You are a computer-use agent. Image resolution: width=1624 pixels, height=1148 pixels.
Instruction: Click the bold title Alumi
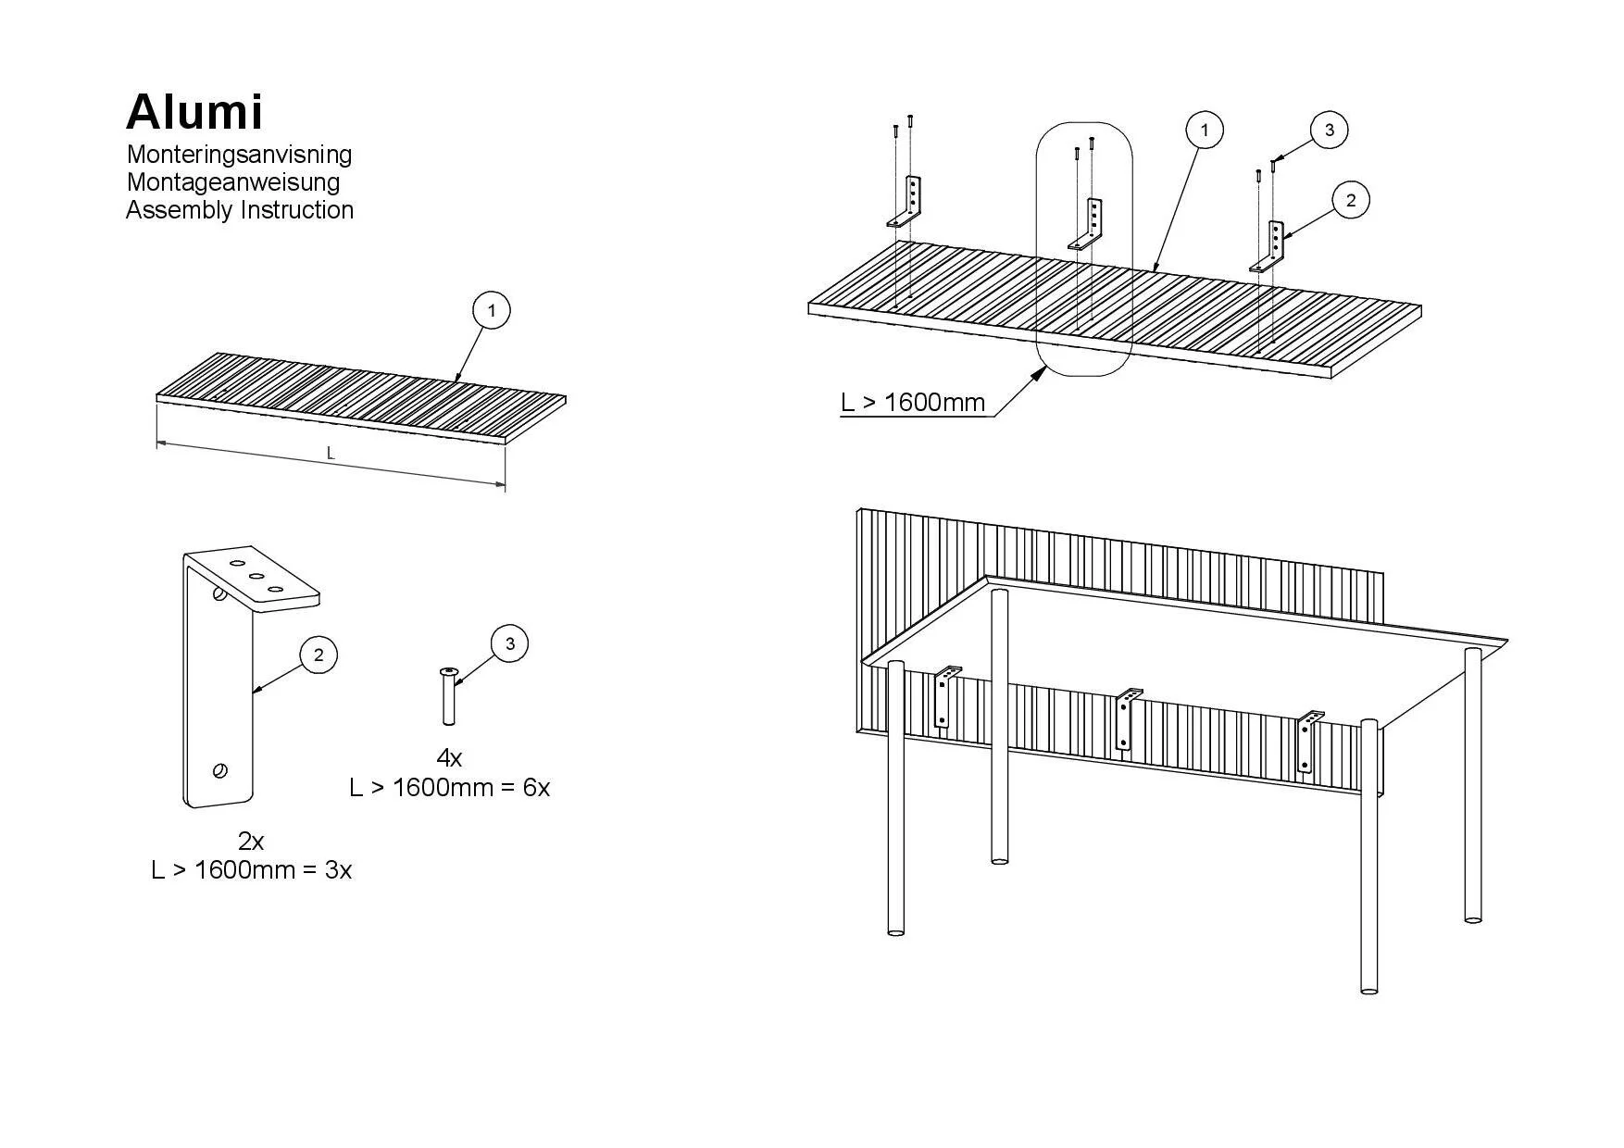pyautogui.click(x=194, y=112)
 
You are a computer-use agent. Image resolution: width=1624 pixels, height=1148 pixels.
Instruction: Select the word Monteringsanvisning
pyautogui.click(x=239, y=154)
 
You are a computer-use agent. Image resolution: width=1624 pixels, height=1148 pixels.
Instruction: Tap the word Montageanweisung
pyautogui.click(x=232, y=181)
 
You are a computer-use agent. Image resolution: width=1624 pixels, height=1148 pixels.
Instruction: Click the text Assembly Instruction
pyautogui.click(x=239, y=210)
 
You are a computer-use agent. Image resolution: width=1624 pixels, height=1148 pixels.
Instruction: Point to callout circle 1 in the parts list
pyautogui.click(x=492, y=310)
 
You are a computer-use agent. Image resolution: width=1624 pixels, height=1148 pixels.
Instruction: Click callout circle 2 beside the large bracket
pyautogui.click(x=319, y=655)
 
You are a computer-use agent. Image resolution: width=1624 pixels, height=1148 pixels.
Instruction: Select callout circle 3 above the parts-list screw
pyautogui.click(x=509, y=643)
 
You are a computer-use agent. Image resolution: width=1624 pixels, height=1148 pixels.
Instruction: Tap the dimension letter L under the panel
pyautogui.click(x=331, y=454)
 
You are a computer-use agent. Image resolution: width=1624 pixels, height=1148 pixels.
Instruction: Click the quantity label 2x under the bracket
pyautogui.click(x=251, y=841)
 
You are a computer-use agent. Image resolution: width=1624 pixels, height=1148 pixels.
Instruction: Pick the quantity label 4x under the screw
pyautogui.click(x=449, y=758)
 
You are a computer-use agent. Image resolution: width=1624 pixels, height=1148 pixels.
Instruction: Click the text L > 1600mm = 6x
pyautogui.click(x=449, y=787)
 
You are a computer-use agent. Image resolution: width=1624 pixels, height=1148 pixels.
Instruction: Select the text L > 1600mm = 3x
pyautogui.click(x=251, y=870)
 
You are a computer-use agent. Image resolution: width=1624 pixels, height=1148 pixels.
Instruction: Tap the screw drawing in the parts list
pyautogui.click(x=449, y=696)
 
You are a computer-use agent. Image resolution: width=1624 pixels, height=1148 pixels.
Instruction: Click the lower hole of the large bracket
pyautogui.click(x=220, y=770)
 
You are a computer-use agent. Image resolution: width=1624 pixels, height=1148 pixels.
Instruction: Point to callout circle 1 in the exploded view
pyautogui.click(x=1204, y=131)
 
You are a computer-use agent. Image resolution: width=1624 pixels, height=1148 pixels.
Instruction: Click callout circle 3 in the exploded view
pyautogui.click(x=1330, y=130)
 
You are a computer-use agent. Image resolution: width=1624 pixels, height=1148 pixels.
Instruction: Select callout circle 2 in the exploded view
pyautogui.click(x=1351, y=200)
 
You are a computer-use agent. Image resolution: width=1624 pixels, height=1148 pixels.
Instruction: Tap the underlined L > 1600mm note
pyautogui.click(x=912, y=403)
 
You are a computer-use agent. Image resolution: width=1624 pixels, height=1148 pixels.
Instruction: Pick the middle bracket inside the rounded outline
pyautogui.click(x=1089, y=225)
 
